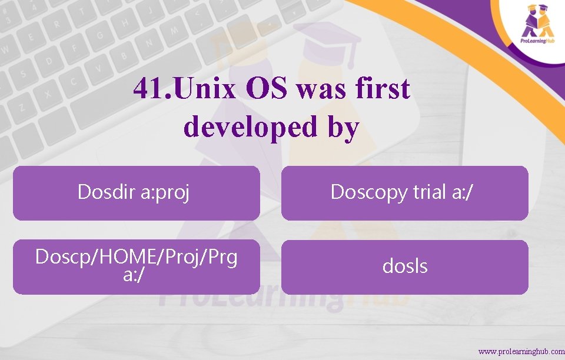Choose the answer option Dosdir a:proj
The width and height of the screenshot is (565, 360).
136,192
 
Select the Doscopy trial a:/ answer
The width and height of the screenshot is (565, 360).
404,192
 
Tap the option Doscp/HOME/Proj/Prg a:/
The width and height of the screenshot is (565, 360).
136,266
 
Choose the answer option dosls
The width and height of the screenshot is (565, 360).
404,266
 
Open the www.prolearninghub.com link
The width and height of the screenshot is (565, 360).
521,352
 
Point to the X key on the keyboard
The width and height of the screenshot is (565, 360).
46,94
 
